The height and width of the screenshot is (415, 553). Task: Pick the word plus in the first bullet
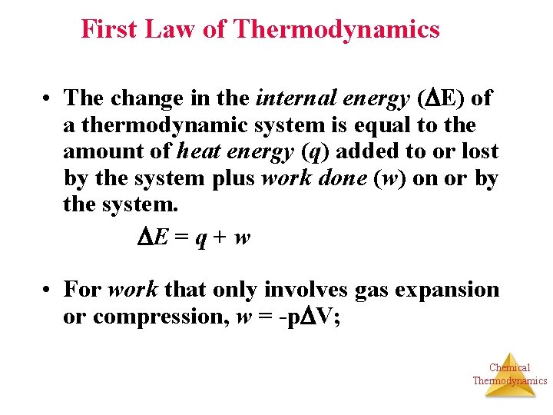point(233,179)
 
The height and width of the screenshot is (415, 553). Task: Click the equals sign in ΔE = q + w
point(181,238)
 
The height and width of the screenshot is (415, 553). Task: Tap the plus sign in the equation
point(218,238)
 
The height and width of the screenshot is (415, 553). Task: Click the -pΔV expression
point(305,317)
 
